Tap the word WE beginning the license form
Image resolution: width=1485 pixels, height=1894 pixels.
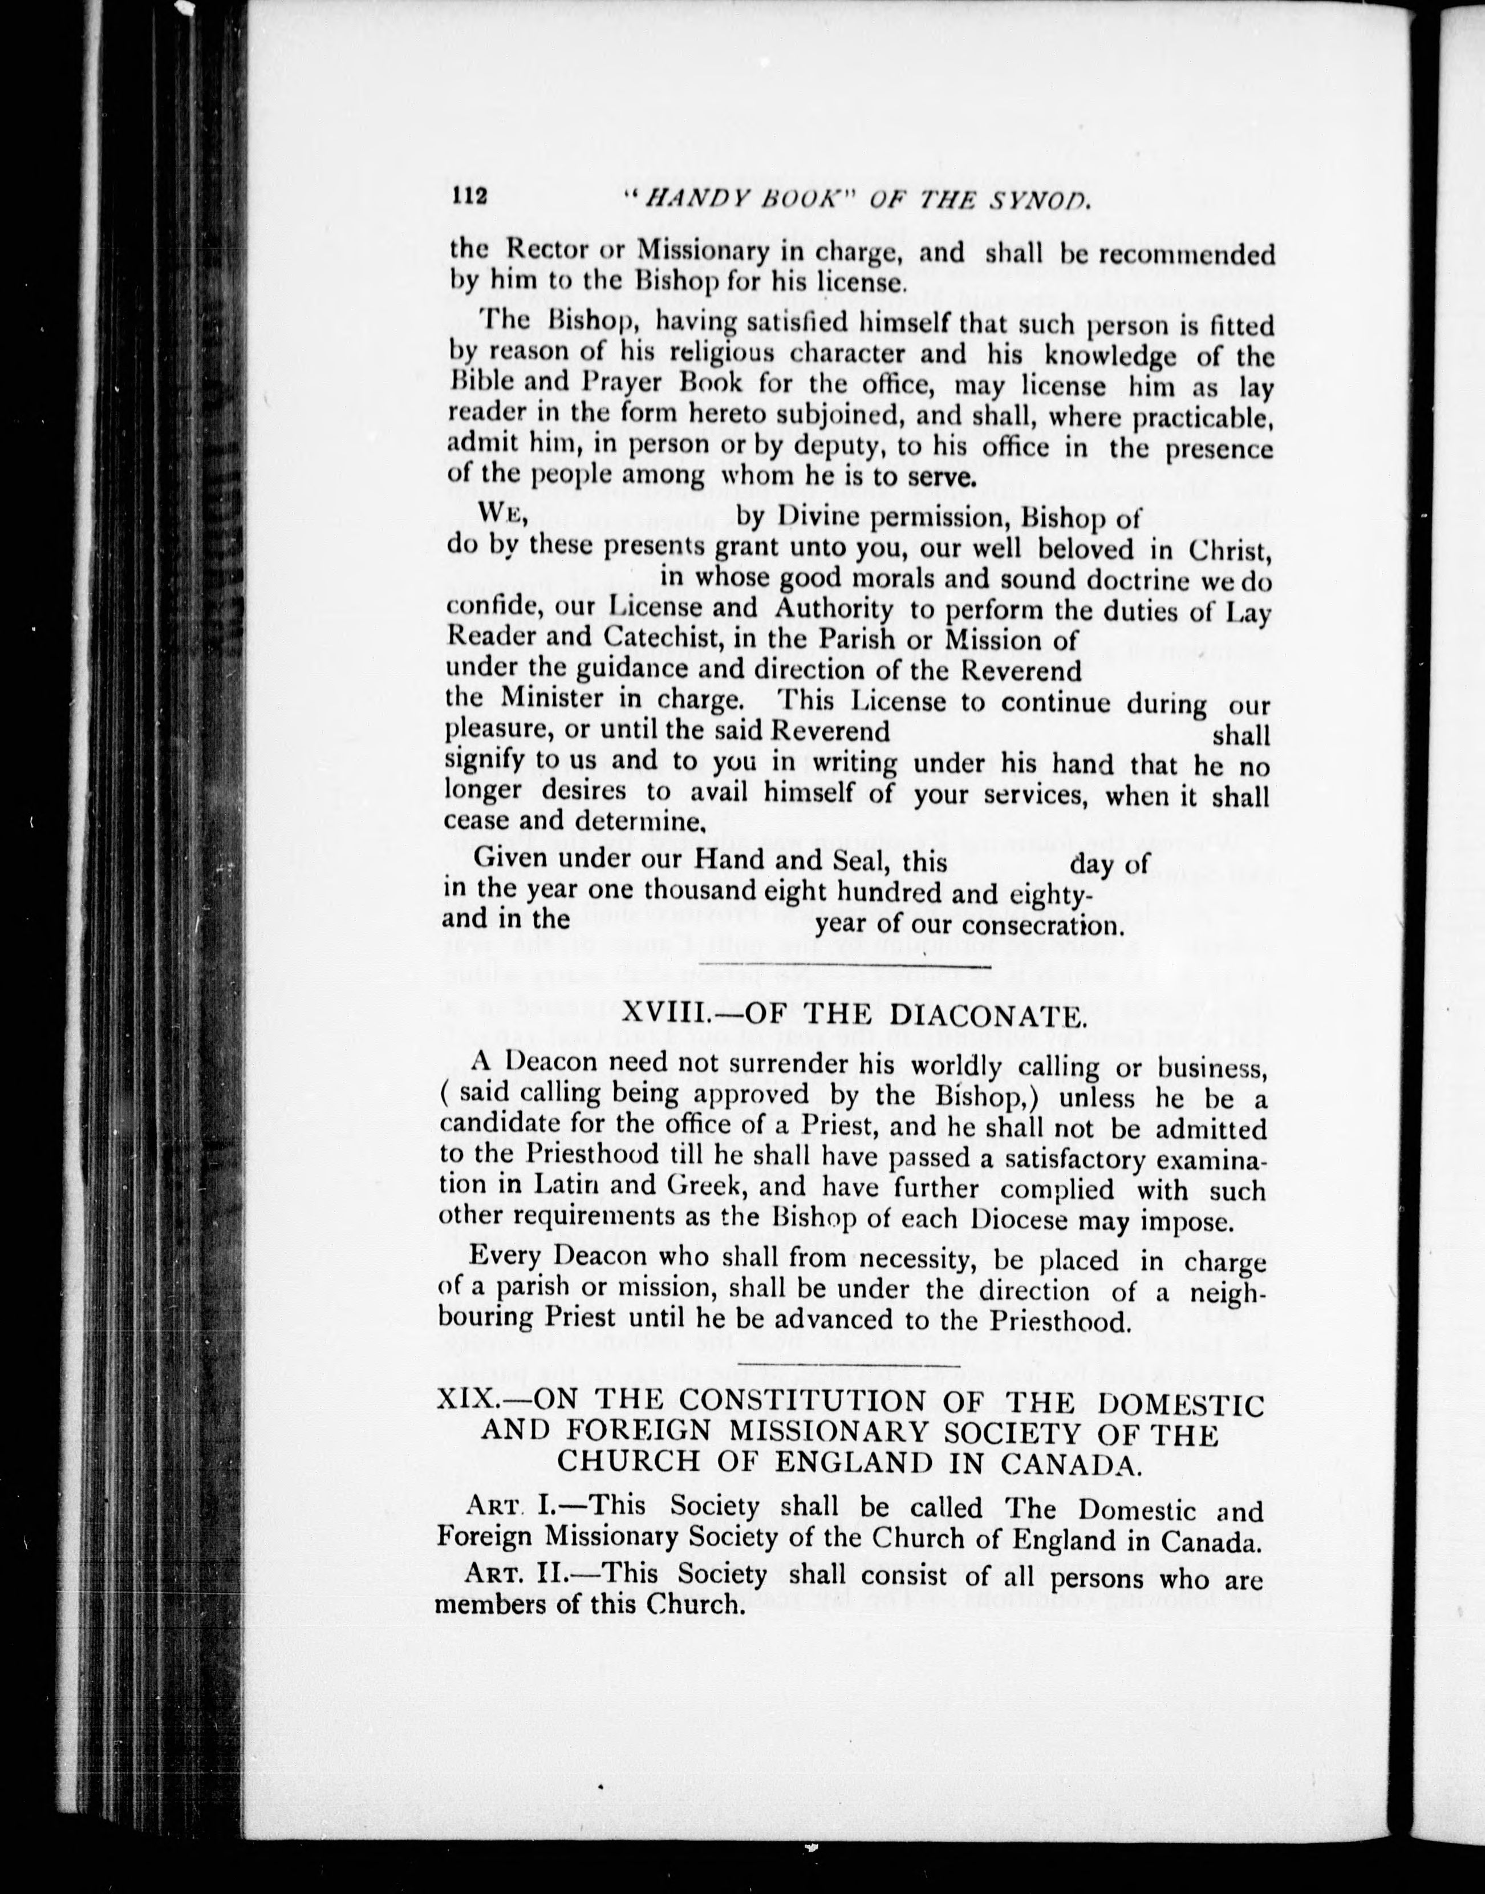(502, 514)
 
